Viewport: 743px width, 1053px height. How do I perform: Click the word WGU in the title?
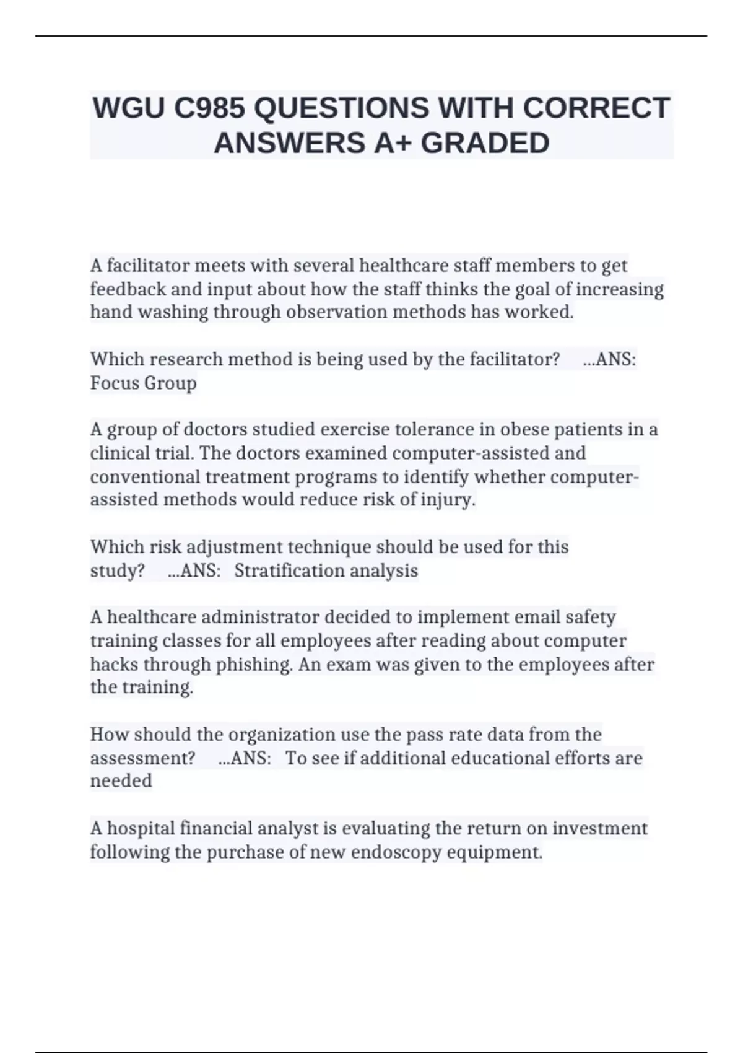[x=129, y=108]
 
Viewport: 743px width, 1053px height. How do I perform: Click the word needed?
[x=121, y=781]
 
